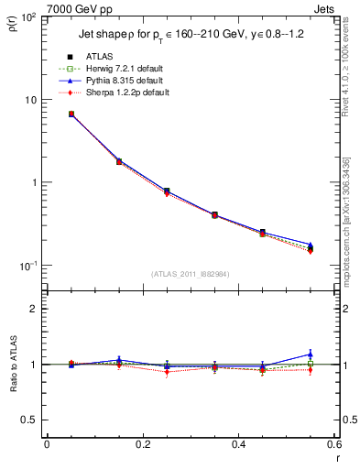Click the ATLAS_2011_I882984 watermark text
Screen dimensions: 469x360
tap(190, 274)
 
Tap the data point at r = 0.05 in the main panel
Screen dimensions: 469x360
tap(71, 115)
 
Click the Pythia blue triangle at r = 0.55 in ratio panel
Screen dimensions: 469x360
tap(311, 354)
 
